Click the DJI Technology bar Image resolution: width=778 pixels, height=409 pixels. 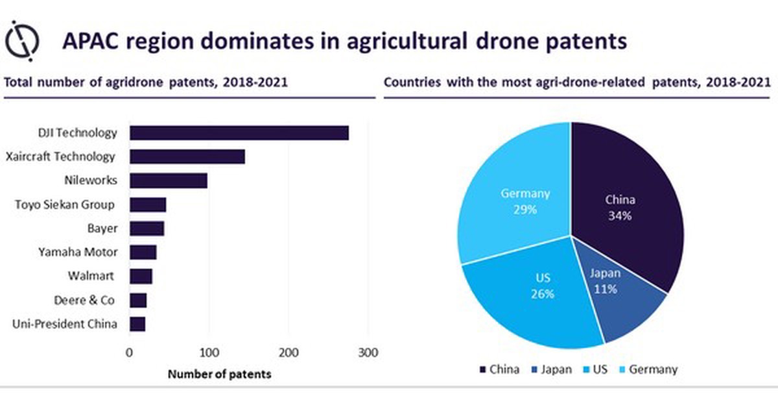coord(239,133)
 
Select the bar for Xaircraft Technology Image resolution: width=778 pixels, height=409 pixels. coord(187,156)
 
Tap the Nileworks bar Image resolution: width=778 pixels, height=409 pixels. coord(168,180)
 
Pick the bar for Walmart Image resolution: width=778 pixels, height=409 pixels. coord(141,276)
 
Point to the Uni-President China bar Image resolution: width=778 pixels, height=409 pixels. coord(137,324)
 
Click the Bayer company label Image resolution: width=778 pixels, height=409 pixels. coord(102,229)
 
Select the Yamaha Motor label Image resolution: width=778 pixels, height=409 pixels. coord(78,252)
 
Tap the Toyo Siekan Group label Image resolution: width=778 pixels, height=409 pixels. coord(65,204)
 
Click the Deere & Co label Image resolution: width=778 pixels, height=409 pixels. coord(86,300)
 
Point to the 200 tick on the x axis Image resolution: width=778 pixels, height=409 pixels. coord(289,353)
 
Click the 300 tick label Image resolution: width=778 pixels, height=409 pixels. coord(368,353)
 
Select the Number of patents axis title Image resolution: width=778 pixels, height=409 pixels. coord(220,374)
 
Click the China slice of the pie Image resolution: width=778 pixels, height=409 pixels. coord(622,201)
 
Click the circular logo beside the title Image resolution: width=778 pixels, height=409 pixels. coord(22,40)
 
